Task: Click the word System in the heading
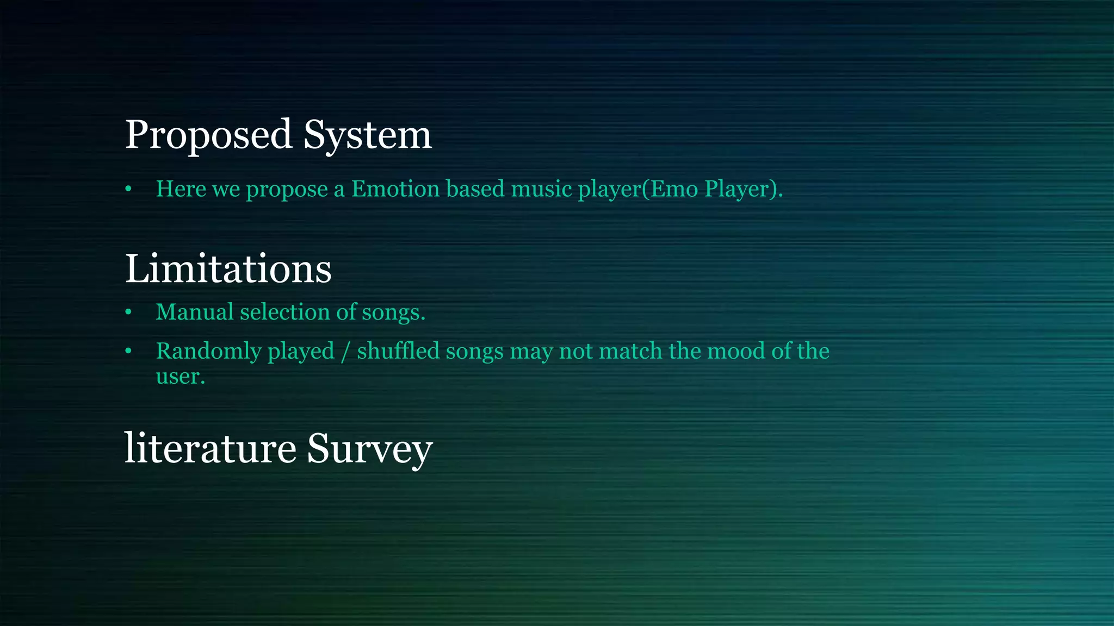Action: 367,135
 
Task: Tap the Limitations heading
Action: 228,268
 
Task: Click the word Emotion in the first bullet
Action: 395,189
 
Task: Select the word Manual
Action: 194,312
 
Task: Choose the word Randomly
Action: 208,351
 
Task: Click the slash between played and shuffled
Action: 345,352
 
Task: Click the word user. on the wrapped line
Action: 180,377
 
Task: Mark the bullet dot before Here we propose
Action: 128,189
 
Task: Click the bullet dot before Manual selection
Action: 128,312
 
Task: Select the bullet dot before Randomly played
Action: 128,352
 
